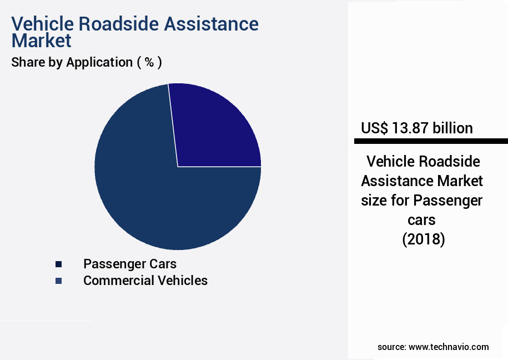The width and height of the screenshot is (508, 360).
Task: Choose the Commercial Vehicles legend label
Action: tap(145, 281)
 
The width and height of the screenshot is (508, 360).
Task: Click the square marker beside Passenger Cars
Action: tap(58, 264)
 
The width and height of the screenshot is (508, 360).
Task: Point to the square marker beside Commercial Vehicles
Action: tap(58, 281)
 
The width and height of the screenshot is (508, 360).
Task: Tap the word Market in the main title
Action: tap(41, 41)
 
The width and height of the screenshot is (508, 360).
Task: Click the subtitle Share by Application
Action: tap(72, 62)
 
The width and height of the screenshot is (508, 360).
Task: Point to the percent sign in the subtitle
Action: tap(149, 62)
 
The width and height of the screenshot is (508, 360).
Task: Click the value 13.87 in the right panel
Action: tap(411, 128)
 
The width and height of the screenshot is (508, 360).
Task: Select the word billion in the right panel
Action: tap(452, 128)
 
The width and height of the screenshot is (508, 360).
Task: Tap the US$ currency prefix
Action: tap(375, 128)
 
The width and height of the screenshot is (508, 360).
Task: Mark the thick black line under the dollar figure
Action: tap(427, 141)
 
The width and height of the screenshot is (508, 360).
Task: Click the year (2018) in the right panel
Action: tap(423, 239)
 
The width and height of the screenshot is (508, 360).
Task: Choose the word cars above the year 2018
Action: tap(423, 219)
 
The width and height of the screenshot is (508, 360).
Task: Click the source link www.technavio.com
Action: tap(449, 347)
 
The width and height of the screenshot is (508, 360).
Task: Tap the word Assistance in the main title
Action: tap(213, 24)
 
